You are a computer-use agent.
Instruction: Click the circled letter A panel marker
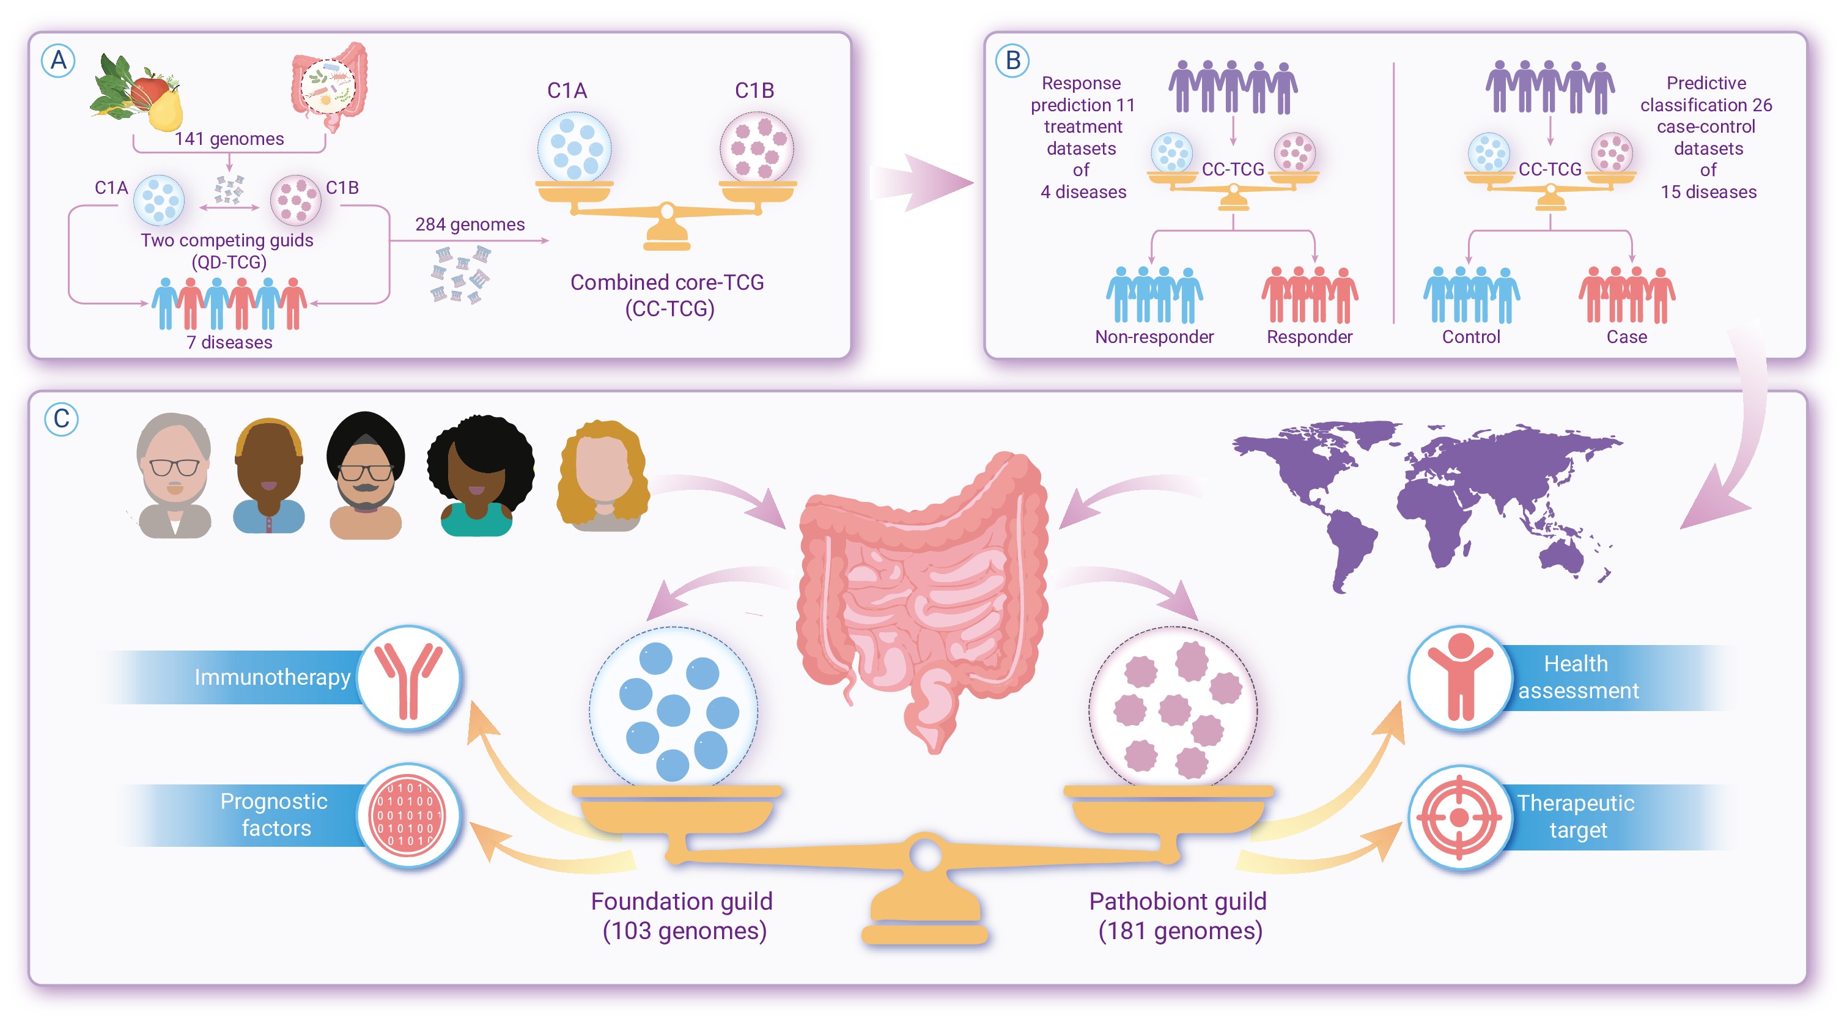click(x=59, y=61)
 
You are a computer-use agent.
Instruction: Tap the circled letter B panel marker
click(x=1012, y=61)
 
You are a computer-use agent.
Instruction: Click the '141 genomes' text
click(x=229, y=138)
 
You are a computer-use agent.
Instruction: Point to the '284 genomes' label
click(x=470, y=224)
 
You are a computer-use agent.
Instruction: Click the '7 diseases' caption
click(x=229, y=342)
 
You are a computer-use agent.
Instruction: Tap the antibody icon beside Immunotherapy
click(x=409, y=678)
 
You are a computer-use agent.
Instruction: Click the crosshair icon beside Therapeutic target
click(x=1459, y=817)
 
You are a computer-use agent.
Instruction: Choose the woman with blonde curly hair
click(x=603, y=476)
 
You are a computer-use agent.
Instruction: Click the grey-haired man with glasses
click(x=175, y=476)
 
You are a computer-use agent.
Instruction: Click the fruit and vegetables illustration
click(x=137, y=93)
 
